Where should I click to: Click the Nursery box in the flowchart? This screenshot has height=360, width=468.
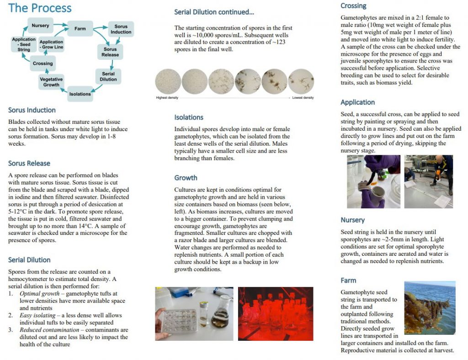[x=41, y=26]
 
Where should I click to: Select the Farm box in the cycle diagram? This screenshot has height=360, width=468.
[x=80, y=29]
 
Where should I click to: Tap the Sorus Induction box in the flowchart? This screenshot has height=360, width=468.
[x=121, y=29]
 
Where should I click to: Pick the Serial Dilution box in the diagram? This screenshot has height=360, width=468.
[x=108, y=76]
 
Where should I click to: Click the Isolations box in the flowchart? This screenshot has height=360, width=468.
[x=80, y=94]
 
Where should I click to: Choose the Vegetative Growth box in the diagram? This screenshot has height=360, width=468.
[x=51, y=82]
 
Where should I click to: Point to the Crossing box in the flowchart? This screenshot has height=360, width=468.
[x=43, y=64]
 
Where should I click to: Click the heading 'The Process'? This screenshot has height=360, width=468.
[x=40, y=8]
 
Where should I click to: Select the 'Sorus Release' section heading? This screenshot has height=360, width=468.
[x=29, y=163]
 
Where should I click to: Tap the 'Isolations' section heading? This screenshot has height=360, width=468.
[x=189, y=117]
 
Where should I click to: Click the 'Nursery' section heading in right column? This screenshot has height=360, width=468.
[x=353, y=220]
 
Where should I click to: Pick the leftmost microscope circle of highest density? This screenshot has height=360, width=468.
[x=168, y=81]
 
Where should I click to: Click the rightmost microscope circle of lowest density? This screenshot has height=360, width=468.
[x=301, y=81]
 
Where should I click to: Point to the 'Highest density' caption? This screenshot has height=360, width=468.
[x=167, y=98]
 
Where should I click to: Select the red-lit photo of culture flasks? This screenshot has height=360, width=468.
[x=276, y=313]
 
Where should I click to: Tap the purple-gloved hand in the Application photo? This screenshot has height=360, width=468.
[x=382, y=168]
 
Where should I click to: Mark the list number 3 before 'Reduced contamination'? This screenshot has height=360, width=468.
[x=11, y=330]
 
